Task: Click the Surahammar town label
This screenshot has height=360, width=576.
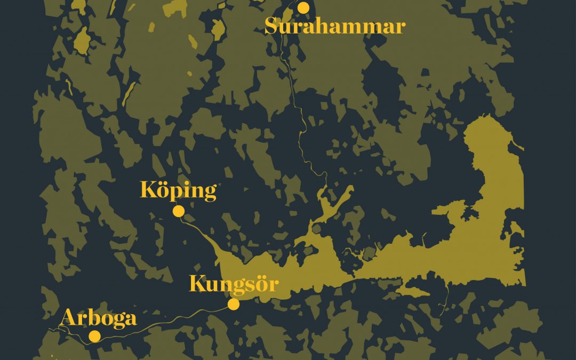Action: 335,26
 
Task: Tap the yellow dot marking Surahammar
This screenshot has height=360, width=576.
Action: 303,7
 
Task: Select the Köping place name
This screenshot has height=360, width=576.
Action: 178,190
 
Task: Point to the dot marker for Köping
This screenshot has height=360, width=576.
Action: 179,211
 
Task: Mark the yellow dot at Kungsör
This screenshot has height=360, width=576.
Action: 234,304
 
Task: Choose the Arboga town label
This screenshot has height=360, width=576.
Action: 99,318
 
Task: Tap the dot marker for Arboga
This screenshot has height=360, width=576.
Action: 95,336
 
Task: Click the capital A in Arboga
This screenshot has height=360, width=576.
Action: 68,318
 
